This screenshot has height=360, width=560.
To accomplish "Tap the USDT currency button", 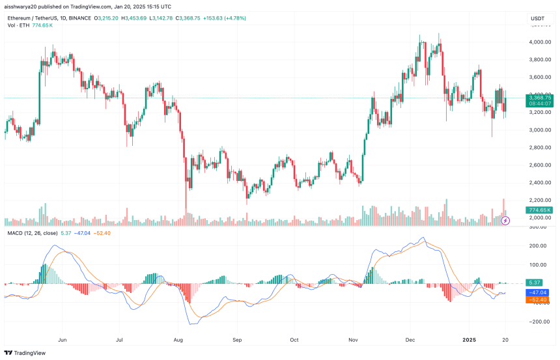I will coord(537,18).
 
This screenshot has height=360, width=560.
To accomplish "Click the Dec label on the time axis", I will coord(411,339).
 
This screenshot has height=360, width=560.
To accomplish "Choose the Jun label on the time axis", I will coord(63,339).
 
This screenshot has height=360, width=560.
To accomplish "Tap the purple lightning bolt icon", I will coord(506,221).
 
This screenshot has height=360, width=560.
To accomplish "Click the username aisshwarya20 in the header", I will coord(24,6).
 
